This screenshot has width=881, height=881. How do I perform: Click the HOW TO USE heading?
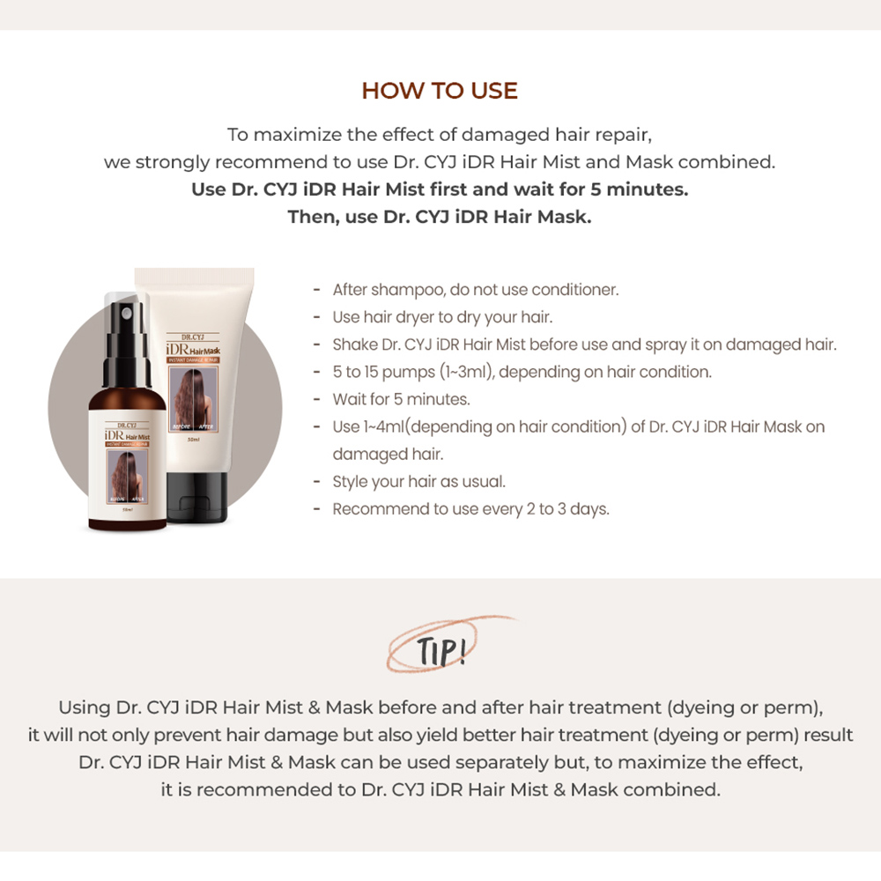(x=440, y=91)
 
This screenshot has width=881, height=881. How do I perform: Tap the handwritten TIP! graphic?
(x=439, y=653)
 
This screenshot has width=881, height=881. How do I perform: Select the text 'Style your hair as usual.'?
(x=419, y=482)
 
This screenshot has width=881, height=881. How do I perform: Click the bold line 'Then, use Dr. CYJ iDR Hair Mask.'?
(x=440, y=217)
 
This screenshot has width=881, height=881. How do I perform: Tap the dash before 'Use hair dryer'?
(x=316, y=317)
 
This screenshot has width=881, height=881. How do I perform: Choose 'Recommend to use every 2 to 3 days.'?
(x=470, y=509)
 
